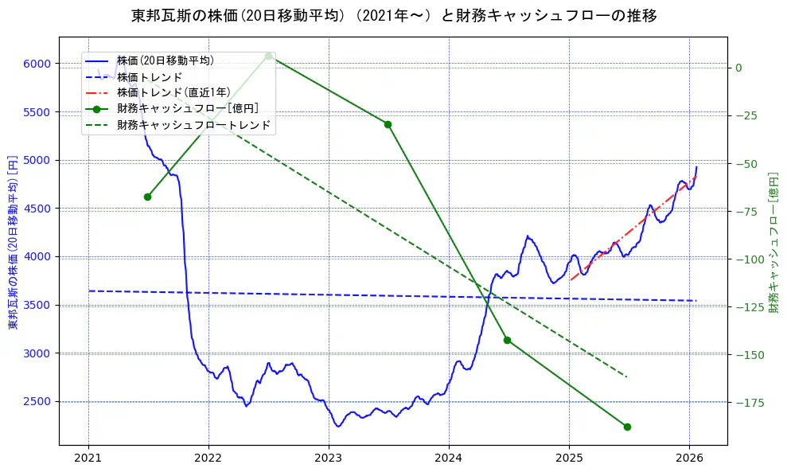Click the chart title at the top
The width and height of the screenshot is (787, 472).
pos(393,15)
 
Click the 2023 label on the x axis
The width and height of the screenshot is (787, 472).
pos(329,458)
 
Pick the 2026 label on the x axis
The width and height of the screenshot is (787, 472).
pos(689,458)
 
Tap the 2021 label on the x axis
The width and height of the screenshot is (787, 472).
pos(88,458)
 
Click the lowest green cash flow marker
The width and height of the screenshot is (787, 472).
pos(627,427)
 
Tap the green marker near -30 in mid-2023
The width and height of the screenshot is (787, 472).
pos(388,124)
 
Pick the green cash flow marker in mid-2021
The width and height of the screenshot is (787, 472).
pos(147,197)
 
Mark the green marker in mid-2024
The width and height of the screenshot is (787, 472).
pos(507,340)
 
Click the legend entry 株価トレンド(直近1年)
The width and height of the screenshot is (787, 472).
pos(173,92)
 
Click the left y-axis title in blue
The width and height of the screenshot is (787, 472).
pos(12,242)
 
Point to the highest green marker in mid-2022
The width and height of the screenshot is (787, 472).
pos(269,56)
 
